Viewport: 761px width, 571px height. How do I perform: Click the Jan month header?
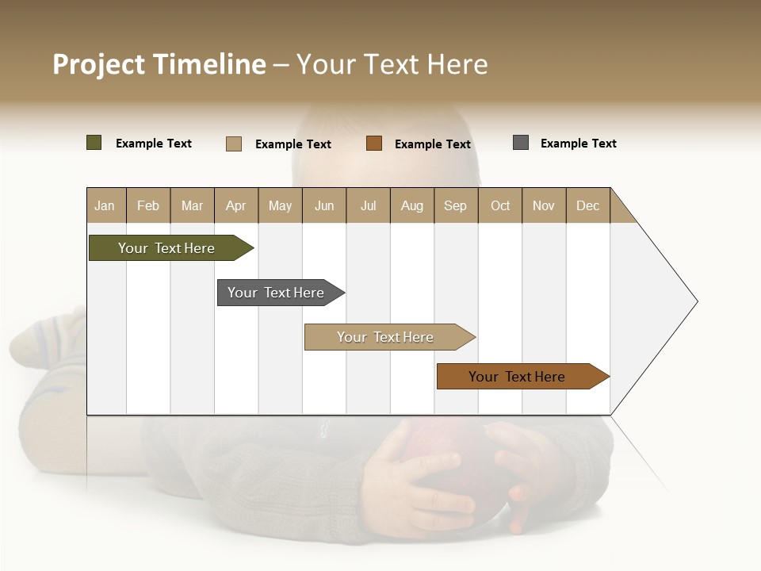tap(105, 205)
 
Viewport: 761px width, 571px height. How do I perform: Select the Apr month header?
tap(236, 205)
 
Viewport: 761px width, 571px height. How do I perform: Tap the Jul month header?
tap(368, 205)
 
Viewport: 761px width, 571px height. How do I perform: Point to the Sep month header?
tap(455, 205)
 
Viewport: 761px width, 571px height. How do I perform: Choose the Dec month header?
tap(587, 205)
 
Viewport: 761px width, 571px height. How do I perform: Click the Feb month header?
tap(148, 205)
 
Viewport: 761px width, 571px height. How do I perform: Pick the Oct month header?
tap(500, 205)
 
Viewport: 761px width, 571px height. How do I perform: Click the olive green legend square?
tap(94, 143)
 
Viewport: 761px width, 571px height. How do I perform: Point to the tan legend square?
tap(234, 144)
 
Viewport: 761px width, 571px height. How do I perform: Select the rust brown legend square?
tap(374, 143)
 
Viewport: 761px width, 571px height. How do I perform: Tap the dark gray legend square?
tap(521, 143)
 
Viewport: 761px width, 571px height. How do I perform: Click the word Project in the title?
tap(99, 64)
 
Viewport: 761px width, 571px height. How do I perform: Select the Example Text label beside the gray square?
tap(578, 144)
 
